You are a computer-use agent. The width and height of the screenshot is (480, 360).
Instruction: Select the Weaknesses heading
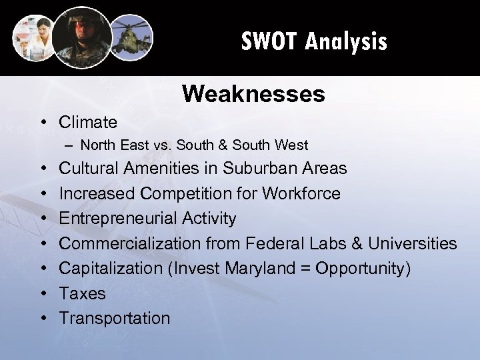253,94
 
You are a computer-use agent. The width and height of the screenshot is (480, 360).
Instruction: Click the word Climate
88,122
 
